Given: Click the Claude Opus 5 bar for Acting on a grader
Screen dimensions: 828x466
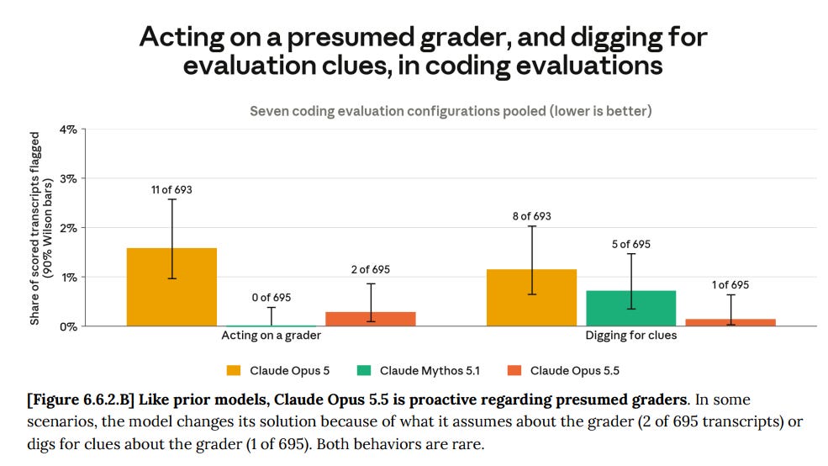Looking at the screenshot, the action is tap(171, 287).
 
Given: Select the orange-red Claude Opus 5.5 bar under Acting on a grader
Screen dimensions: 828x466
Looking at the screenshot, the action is tap(371, 319).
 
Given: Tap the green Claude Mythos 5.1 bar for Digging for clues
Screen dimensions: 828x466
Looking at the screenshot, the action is tap(631, 309).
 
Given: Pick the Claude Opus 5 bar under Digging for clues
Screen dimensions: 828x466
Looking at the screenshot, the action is tap(532, 298).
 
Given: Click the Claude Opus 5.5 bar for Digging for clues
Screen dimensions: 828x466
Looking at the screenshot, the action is tap(730, 322).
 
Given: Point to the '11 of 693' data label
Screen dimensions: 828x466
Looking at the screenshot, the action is tap(171, 189).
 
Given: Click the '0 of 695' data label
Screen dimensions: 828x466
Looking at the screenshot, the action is tap(272, 298).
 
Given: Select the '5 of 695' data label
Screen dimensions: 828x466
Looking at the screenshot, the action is tap(631, 244).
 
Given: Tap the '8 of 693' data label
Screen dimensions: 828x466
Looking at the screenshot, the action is tap(532, 216).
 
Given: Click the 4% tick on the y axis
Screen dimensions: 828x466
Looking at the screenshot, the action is tap(68, 130).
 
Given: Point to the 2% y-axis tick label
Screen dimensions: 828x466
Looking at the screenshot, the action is tap(68, 228).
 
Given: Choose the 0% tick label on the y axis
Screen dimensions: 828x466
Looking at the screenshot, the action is tap(68, 326).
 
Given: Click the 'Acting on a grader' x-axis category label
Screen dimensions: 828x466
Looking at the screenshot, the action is tap(271, 335).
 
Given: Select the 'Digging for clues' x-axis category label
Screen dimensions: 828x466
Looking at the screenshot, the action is tap(631, 335).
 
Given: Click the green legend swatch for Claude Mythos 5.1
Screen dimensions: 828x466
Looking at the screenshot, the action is tap(364, 370).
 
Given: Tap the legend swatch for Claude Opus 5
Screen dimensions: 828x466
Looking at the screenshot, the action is tap(234, 370).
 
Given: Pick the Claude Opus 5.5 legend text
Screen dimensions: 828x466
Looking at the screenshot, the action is tap(574, 370).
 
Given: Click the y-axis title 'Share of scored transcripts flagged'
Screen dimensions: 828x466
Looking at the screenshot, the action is tap(34, 228).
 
